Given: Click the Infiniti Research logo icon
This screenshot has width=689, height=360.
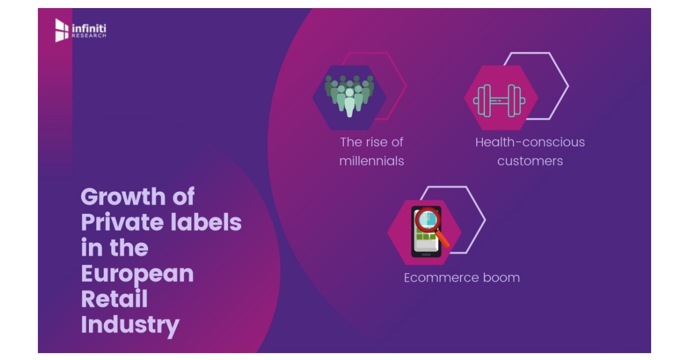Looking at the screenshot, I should pos(61,30).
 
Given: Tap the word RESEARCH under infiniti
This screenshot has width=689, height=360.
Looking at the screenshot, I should pos(88,36).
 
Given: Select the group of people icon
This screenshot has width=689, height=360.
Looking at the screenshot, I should pos(349,95).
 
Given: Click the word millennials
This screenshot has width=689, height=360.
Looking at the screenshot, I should pos(371,161).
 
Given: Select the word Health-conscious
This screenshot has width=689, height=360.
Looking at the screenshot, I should pos(530,142).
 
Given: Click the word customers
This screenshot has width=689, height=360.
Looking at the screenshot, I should pos(530,161).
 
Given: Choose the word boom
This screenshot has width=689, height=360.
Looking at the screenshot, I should pos(501,278).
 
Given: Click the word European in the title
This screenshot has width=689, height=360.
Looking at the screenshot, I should pos(137,274).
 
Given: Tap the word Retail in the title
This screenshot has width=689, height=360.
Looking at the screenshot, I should pos(114,299).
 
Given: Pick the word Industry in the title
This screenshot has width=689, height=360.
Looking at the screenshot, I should pos(130,325).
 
